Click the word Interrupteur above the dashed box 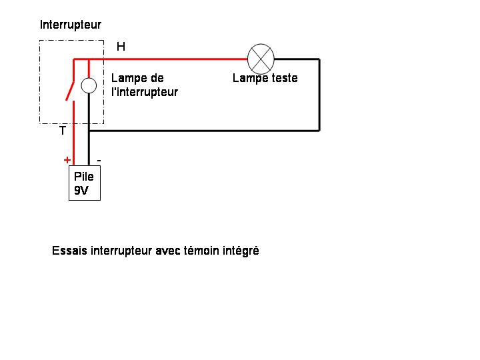(x=71, y=25)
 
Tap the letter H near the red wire (x=121, y=47)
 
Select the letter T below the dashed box (x=63, y=131)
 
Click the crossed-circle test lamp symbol (x=261, y=59)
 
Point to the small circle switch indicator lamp (x=89, y=85)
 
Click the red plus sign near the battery (x=67, y=160)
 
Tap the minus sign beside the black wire (x=99, y=161)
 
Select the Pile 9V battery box (x=85, y=183)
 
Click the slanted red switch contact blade (x=70, y=91)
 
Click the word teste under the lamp (x=285, y=78)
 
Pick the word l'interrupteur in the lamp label (x=145, y=92)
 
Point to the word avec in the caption (x=168, y=251)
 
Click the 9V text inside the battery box (x=81, y=191)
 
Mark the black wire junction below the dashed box (x=89, y=131)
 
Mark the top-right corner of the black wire (x=319, y=59)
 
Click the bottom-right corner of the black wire (x=319, y=131)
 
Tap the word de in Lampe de (x=157, y=78)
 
